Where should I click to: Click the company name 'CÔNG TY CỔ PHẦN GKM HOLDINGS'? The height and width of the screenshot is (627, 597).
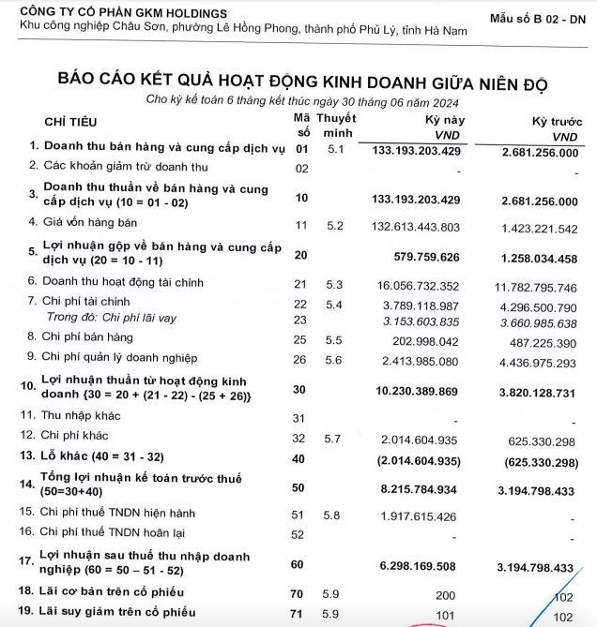[x=123, y=12]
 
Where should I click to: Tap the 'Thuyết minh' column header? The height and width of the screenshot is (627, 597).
[x=336, y=127]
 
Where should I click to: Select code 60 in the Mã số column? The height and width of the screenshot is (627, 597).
[x=301, y=565]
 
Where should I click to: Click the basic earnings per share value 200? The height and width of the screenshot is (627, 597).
[x=450, y=594]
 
